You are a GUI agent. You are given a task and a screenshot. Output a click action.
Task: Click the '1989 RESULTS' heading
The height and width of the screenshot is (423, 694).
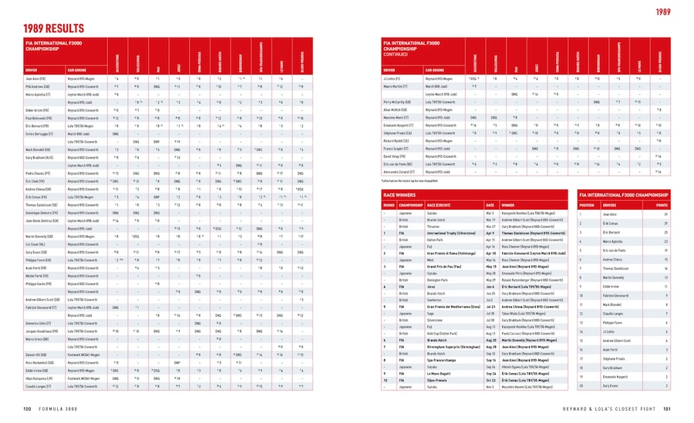[x=52, y=29]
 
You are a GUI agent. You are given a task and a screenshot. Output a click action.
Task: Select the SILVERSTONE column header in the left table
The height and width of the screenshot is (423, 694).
[x=117, y=60]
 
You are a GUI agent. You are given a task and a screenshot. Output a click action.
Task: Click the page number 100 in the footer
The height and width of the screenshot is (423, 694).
[x=27, y=408]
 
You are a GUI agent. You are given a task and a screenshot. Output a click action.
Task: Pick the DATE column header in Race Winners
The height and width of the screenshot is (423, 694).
[x=490, y=205]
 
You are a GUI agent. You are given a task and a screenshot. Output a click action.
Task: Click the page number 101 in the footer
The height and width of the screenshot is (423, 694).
[x=666, y=408]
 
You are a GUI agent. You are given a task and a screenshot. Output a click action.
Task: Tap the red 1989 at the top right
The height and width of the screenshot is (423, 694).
[x=665, y=12]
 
